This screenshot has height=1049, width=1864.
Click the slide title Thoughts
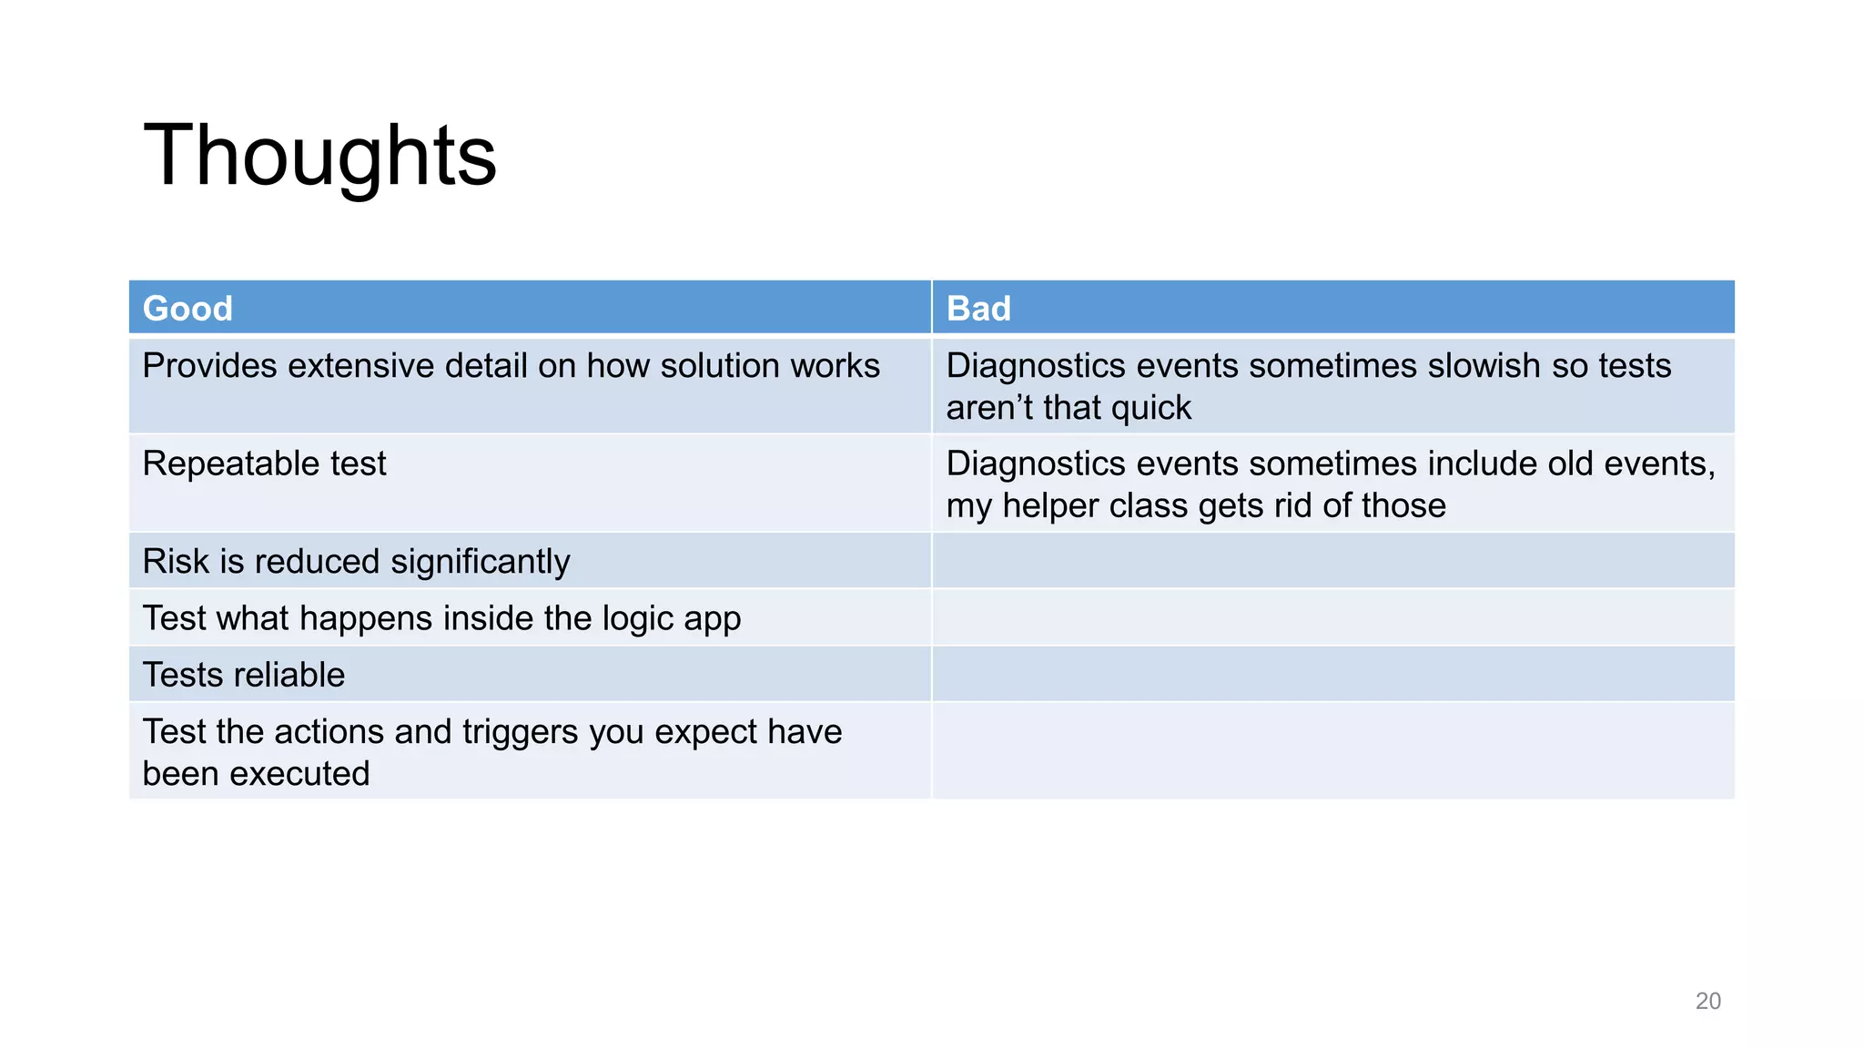(319, 156)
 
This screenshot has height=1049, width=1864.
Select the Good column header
(187, 309)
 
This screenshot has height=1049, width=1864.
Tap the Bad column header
(978, 309)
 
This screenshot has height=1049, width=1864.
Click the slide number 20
(1707, 1001)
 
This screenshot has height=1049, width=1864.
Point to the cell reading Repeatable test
(264, 464)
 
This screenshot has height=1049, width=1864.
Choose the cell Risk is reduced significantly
(356, 562)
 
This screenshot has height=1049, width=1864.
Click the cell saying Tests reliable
(244, 675)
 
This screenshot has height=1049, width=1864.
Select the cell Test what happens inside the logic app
(441, 618)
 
